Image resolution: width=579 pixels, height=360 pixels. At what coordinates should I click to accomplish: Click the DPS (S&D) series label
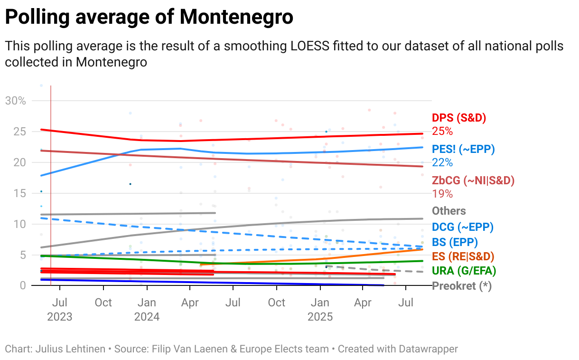[x=459, y=118]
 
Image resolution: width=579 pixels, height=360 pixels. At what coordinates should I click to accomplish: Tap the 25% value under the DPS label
[x=442, y=131]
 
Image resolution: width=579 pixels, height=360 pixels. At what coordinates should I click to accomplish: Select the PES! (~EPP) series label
[x=463, y=149]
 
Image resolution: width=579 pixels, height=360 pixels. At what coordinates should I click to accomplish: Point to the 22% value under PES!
[x=442, y=162]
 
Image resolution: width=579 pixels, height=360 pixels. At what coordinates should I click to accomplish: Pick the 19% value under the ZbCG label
[x=442, y=194]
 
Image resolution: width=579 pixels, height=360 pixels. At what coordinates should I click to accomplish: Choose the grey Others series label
[x=448, y=211]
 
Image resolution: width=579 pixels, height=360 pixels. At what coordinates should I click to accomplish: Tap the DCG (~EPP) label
[x=463, y=227]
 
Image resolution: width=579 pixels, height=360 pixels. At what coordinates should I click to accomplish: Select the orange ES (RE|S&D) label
[x=463, y=256]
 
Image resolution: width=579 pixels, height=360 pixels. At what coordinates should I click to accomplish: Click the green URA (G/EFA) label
[x=464, y=271]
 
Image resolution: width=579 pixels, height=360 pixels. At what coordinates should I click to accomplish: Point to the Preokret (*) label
[x=461, y=286]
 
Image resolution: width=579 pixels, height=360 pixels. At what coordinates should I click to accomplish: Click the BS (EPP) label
[x=455, y=242]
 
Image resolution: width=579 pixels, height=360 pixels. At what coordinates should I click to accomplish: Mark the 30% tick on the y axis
[x=15, y=101]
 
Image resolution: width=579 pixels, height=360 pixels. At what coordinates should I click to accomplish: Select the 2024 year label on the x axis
[x=147, y=317]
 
